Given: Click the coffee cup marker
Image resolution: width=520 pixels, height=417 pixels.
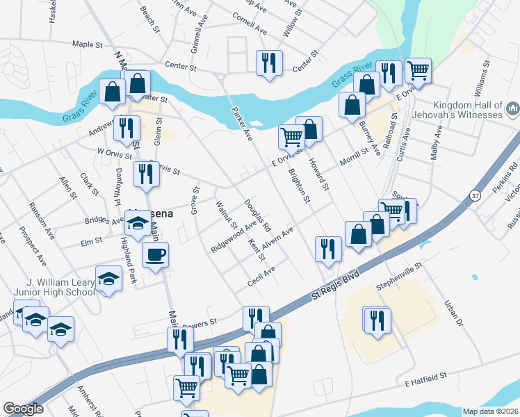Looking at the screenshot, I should [x=155, y=254].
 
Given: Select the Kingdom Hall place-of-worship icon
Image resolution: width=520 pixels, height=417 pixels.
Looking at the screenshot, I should [x=512, y=108].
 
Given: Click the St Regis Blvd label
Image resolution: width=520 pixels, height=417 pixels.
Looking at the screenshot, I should [x=337, y=284].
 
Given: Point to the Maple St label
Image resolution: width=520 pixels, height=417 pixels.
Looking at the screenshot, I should [x=88, y=44].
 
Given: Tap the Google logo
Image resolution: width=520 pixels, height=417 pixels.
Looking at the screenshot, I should [x=23, y=409].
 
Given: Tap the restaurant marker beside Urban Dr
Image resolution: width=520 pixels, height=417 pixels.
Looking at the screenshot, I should [x=377, y=320].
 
